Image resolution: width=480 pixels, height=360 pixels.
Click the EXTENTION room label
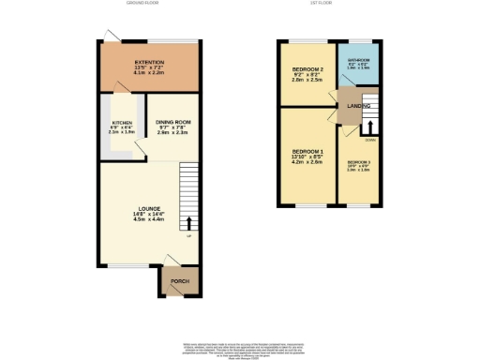click(x=150, y=62)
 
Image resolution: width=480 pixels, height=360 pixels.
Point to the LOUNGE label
click(x=146, y=207)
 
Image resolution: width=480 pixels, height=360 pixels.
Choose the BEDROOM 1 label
click(x=307, y=151)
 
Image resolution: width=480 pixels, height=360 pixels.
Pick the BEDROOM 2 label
click(x=307, y=70)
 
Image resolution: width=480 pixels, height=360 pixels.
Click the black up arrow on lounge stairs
click(x=190, y=223)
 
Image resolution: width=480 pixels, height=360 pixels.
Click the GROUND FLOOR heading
click(x=142, y=4)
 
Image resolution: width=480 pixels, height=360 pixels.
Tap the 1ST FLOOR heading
click(x=323, y=4)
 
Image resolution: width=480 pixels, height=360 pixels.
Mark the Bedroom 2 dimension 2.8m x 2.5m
click(x=307, y=82)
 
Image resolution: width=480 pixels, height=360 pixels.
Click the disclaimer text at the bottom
click(x=239, y=346)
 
